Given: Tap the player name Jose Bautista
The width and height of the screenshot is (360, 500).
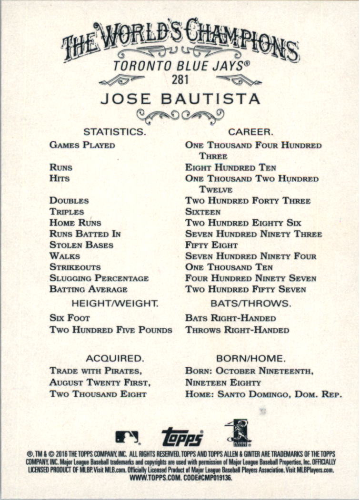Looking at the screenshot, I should point(180,99).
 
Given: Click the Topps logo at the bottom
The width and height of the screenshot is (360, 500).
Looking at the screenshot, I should point(182,437).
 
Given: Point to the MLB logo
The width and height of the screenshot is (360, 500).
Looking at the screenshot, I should point(127,437).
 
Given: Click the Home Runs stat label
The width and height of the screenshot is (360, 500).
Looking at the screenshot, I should point(75,223).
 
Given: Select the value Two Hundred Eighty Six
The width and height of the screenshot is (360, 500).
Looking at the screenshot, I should point(243,223).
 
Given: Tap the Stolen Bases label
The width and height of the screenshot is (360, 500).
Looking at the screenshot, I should point(81,245).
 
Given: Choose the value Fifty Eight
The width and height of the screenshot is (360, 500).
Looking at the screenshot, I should point(211,245).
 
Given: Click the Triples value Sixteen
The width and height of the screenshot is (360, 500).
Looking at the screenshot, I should point(203,212).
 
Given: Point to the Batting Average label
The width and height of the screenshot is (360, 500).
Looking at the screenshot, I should point(89,289).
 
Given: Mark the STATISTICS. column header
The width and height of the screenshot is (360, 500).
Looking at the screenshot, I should point(114,131).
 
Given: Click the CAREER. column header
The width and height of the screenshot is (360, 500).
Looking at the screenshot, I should point(250,131).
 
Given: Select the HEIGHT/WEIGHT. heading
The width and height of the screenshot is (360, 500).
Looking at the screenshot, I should point(114,303).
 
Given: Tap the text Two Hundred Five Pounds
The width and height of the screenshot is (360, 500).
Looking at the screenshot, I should point(111,330).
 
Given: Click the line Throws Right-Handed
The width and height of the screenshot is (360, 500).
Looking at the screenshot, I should point(237,330).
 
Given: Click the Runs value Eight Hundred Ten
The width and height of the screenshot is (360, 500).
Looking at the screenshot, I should point(230,167).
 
